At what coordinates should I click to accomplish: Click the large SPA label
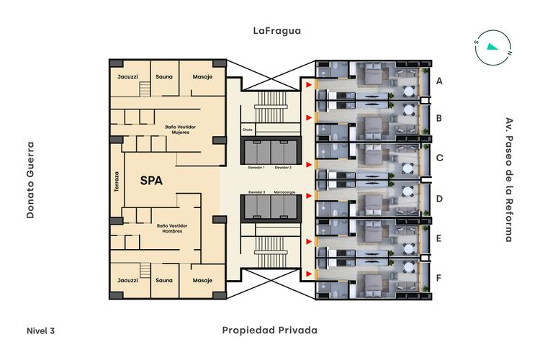pyautogui.click(x=151, y=181)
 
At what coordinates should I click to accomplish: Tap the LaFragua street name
pyautogui.click(x=277, y=31)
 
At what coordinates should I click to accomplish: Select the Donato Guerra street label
pyautogui.click(x=31, y=180)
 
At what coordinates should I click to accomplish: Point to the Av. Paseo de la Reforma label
pyautogui.click(x=509, y=180)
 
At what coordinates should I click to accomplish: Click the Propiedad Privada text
pyautogui.click(x=270, y=330)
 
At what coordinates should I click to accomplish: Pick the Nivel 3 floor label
pyautogui.click(x=40, y=330)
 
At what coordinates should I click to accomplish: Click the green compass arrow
pyautogui.click(x=492, y=47)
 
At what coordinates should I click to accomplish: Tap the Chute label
pyautogui.click(x=247, y=130)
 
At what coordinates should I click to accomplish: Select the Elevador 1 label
pyautogui.click(x=256, y=168)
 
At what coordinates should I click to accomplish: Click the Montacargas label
pyautogui.click(x=284, y=192)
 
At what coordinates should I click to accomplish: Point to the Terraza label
pyautogui.click(x=117, y=181)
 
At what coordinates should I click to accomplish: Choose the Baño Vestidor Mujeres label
pyautogui.click(x=181, y=130)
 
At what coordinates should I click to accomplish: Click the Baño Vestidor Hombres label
pyautogui.click(x=172, y=228)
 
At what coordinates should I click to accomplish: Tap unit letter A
pyautogui.click(x=439, y=81)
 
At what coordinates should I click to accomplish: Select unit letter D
pyautogui.click(x=439, y=199)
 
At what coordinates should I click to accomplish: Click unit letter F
pyautogui.click(x=438, y=278)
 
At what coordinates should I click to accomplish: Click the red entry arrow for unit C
pyautogui.click(x=309, y=165)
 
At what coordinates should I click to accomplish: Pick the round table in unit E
pyautogui.click(x=408, y=248)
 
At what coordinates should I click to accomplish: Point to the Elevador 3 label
pyautogui.click(x=256, y=192)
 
